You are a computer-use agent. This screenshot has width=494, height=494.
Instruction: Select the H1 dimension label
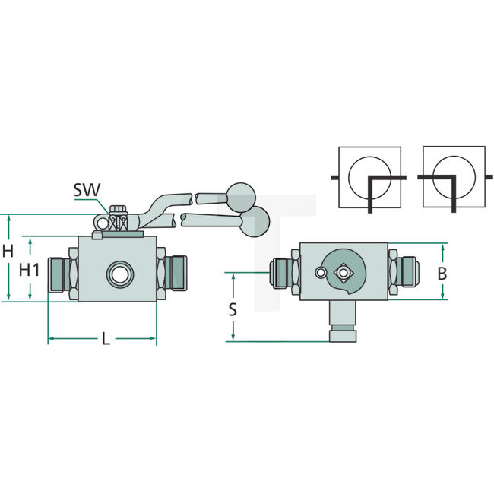click(29, 270)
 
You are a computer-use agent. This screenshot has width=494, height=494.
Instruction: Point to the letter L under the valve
click(106, 339)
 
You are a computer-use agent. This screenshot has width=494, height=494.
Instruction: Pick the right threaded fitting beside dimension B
click(404, 272)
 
